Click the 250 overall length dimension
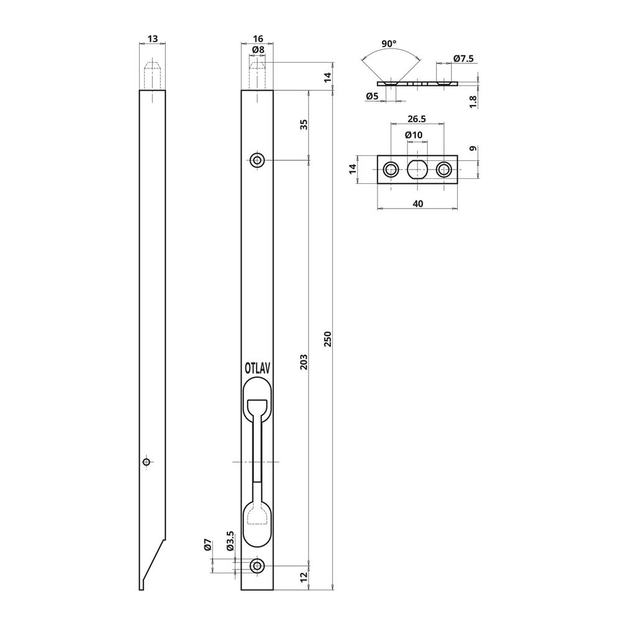tap(328, 338)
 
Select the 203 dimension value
tap(304, 362)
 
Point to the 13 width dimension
tap(152, 39)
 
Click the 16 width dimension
tap(258, 39)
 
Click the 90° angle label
tap(389, 44)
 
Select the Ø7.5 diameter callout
tap(463, 58)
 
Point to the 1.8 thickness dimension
tap(473, 101)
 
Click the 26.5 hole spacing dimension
tap(417, 119)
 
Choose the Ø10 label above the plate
tap(414, 135)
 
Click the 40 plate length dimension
tap(417, 203)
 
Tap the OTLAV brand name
tap(258, 368)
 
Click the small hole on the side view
tap(147, 461)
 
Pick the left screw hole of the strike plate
tap(391, 169)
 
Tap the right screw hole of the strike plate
tap(444, 169)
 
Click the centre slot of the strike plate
tap(417, 169)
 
